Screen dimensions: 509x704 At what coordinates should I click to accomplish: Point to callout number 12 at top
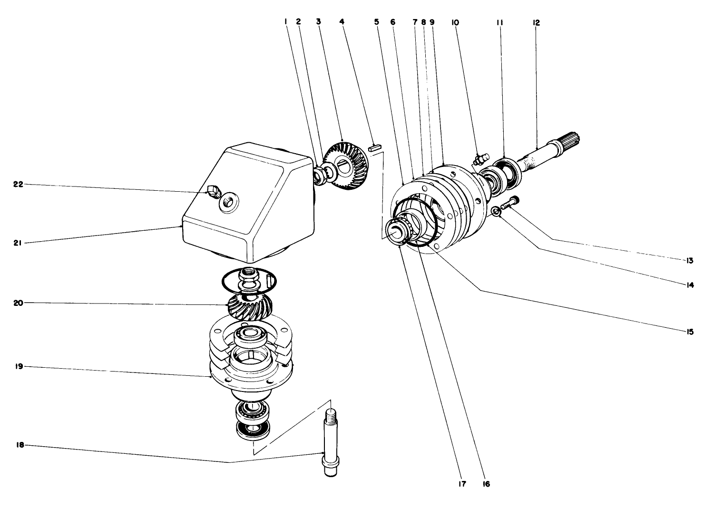(x=536, y=22)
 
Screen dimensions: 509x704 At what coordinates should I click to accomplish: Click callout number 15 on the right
(x=690, y=332)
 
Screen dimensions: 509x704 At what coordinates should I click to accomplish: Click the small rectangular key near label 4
(x=373, y=148)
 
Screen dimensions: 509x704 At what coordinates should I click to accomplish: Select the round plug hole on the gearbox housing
(x=228, y=203)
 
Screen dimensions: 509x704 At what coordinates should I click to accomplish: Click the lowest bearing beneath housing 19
(x=254, y=429)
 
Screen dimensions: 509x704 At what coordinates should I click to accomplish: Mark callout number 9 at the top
(x=432, y=22)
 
